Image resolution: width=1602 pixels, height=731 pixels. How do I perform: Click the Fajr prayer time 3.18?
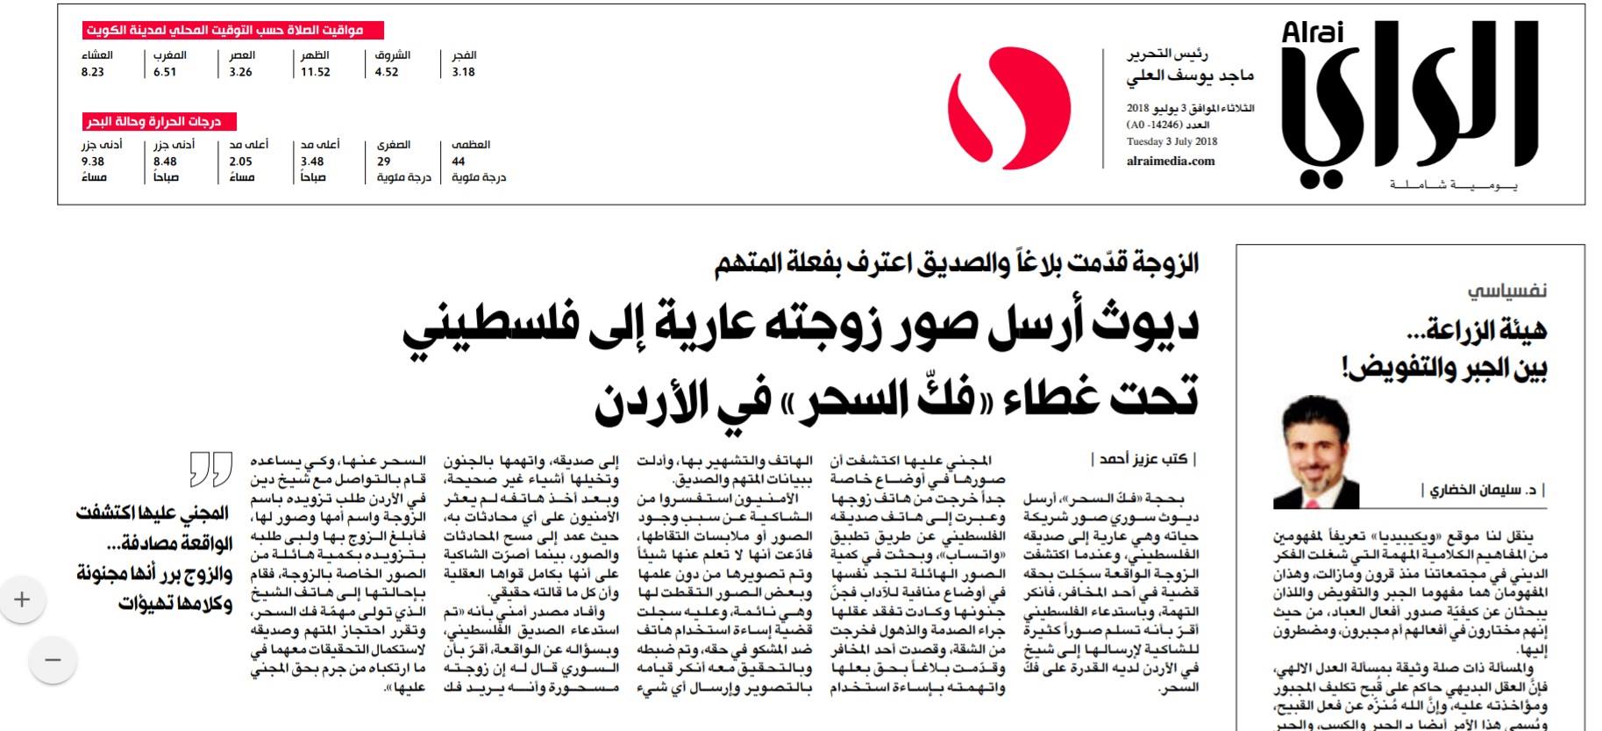(x=463, y=73)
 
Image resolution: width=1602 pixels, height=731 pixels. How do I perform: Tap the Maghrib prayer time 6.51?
(x=165, y=73)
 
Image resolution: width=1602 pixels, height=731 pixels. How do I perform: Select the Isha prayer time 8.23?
(x=93, y=73)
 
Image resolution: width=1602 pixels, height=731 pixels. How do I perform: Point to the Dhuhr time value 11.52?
(x=316, y=73)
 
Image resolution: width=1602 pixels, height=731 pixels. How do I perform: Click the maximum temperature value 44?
(x=459, y=161)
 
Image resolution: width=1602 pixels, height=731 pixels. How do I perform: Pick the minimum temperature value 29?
(x=384, y=161)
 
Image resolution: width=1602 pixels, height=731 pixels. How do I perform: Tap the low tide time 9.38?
(x=93, y=161)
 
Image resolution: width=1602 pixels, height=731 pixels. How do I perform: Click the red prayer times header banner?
(x=234, y=31)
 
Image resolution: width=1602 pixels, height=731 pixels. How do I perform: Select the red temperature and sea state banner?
(x=159, y=121)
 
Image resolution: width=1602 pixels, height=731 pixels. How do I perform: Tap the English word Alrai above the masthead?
(x=1312, y=33)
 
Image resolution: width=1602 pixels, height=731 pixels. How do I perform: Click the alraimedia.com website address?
(x=1171, y=161)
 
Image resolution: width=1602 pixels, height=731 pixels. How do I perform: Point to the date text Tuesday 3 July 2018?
(x=1171, y=141)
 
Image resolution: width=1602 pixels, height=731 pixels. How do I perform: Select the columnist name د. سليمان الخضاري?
(x=1484, y=491)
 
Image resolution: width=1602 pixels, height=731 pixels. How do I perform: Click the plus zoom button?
(x=22, y=600)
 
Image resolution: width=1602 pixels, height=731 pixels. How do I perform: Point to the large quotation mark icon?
(x=211, y=469)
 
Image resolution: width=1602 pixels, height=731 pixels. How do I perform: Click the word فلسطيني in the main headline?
(x=492, y=327)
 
